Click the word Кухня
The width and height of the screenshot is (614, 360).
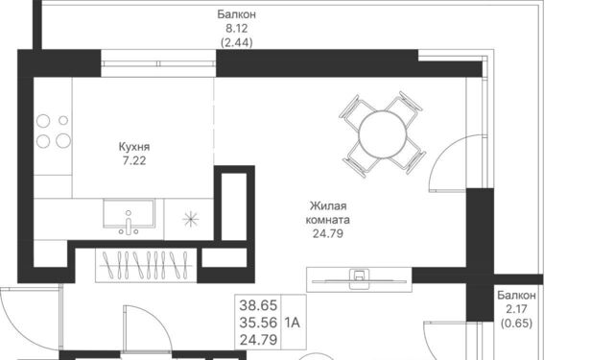[134, 147]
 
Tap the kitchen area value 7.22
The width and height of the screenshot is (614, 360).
[134, 160]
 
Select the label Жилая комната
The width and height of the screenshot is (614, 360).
[328, 213]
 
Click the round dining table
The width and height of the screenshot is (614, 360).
[383, 134]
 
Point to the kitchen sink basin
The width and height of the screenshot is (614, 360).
[129, 214]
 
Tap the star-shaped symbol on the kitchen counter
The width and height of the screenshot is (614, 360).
[191, 219]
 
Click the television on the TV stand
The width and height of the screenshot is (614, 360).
[359, 280]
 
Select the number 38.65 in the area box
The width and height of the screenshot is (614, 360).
[258, 304]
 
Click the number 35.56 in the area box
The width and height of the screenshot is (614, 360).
[258, 323]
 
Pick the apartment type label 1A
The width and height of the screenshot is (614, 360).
[292, 323]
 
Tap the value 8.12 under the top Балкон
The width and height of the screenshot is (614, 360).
[237, 29]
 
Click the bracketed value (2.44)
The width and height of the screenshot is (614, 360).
[237, 42]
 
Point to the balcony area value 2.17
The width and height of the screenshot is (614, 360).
[516, 309]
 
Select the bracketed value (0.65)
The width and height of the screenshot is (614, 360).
[516, 324]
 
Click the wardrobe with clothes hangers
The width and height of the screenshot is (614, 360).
[146, 265]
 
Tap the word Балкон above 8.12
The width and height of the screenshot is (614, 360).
[237, 14]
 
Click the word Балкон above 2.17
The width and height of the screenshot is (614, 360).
[516, 295]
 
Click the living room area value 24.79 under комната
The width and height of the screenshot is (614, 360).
[328, 233]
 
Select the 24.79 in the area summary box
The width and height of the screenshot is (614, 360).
[258, 340]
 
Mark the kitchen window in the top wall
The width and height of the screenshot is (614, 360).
[158, 63]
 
